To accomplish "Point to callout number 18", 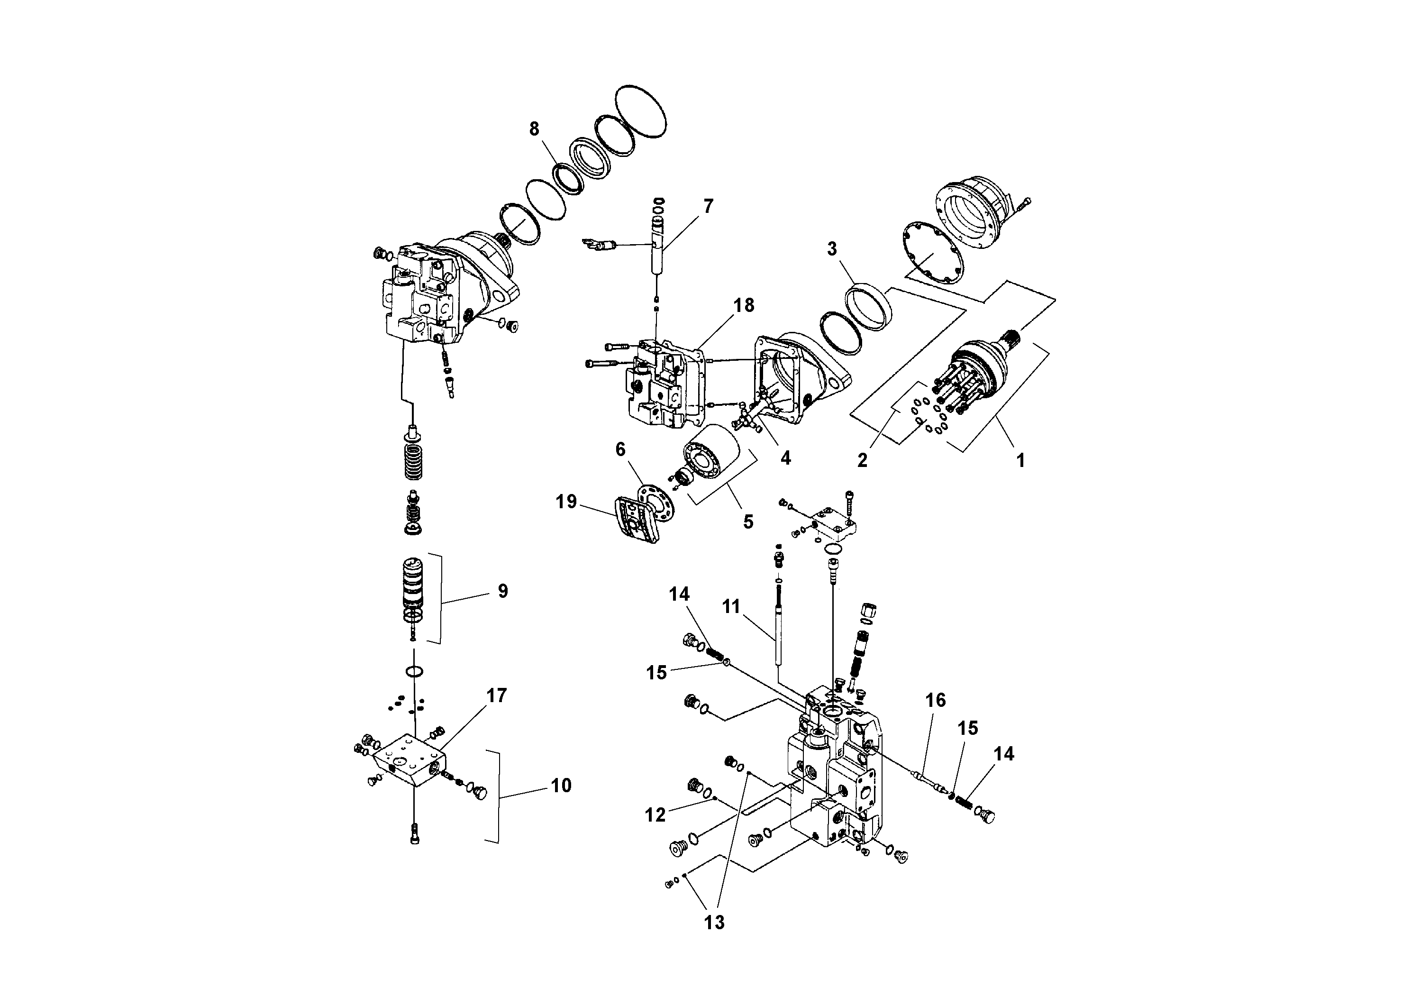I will coord(744,305).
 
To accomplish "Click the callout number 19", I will coord(566,502).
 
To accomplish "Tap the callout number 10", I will coord(561,785).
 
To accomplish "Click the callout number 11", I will coord(731,607).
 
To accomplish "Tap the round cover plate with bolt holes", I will coord(933,253).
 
